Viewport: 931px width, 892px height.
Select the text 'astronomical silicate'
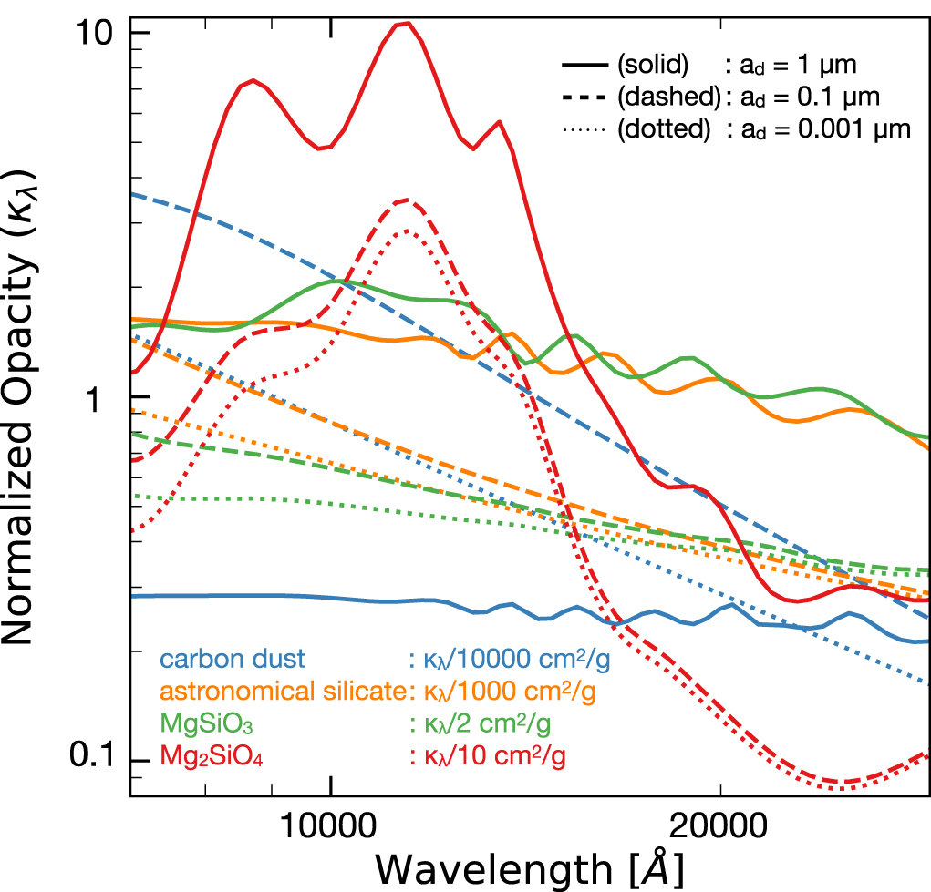coord(281,692)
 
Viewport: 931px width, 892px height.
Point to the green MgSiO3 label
coord(207,724)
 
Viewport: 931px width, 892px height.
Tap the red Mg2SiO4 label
coord(212,756)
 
